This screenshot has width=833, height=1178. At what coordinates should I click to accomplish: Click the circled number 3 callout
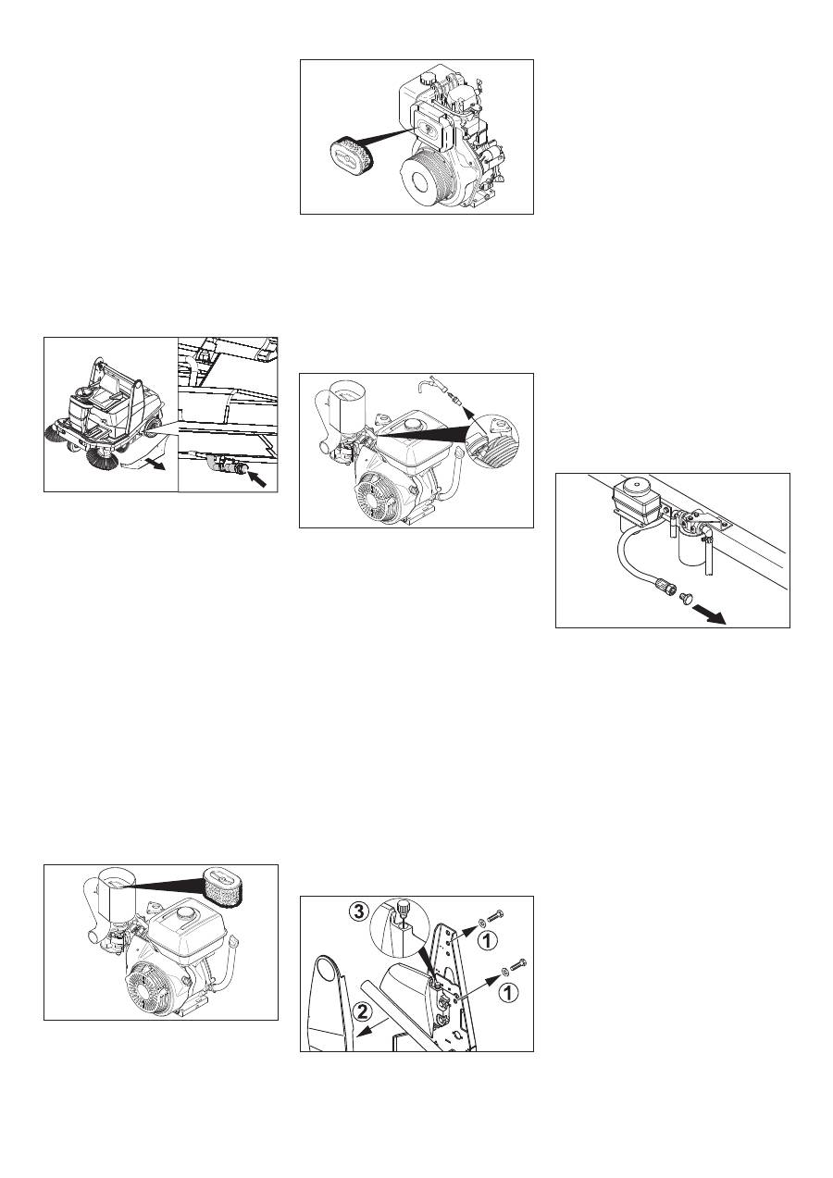[360, 911]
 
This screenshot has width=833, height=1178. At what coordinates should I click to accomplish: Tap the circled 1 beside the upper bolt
[488, 940]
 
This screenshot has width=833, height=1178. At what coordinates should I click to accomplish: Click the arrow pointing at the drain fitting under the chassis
[257, 477]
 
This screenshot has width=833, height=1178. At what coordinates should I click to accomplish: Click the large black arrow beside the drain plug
[711, 614]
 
